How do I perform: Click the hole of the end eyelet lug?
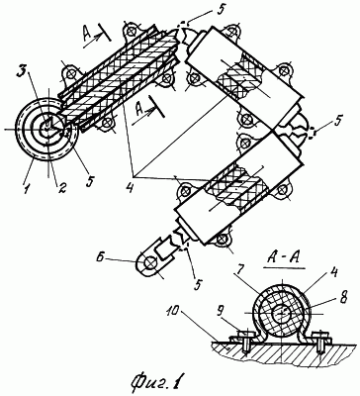(x=150, y=263)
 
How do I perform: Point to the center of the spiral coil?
(x=47, y=129)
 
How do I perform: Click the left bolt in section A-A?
(x=244, y=344)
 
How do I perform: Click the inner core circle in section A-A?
(x=282, y=313)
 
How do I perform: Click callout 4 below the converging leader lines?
(x=132, y=187)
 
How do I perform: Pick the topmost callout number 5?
(x=220, y=9)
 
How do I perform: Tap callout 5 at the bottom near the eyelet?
(x=197, y=283)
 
